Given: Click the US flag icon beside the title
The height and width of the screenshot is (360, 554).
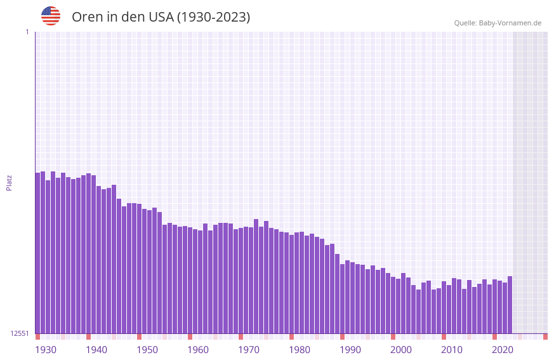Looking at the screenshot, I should [x=51, y=16].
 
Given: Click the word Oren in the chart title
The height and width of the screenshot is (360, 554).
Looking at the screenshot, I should [x=86, y=17].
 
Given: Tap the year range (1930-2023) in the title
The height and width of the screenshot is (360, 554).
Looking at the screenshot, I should [x=213, y=17].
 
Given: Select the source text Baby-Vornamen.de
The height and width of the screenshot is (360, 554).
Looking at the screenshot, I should [x=510, y=23].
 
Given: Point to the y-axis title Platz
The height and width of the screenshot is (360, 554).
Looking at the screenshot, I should [x=9, y=182].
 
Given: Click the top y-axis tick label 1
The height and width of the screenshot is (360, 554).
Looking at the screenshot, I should [x=27, y=32].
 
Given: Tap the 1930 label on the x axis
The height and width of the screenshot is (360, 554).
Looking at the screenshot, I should [x=46, y=350].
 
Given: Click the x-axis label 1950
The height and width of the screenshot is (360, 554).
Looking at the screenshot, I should [x=147, y=350].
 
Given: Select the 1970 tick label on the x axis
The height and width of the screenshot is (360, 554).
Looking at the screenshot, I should [x=249, y=350].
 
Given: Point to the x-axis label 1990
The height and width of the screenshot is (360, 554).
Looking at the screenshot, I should [x=350, y=350].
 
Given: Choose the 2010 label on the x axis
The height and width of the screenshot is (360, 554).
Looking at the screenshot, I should [x=452, y=350].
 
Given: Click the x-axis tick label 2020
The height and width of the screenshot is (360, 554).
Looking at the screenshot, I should [x=503, y=350].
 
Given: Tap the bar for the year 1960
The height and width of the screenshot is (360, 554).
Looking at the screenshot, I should [x=190, y=280].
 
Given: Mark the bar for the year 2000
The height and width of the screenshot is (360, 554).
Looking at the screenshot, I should [x=393, y=305].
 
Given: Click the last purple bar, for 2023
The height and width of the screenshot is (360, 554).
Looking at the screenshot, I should [x=510, y=305].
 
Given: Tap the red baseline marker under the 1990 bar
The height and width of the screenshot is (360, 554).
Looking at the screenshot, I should [x=342, y=337].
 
